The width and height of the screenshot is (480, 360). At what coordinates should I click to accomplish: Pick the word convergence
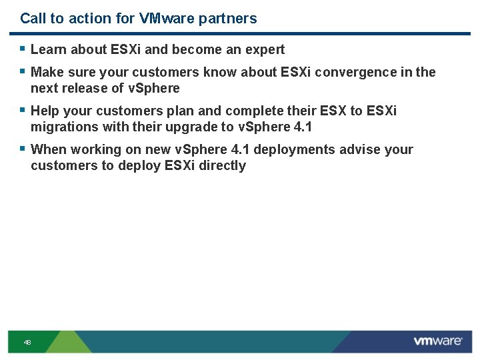(x=352, y=72)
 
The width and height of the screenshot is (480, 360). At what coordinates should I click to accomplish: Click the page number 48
(x=27, y=343)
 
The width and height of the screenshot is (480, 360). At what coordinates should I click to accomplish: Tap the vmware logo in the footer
(x=437, y=341)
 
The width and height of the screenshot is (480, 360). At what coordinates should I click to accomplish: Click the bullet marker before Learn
(x=23, y=49)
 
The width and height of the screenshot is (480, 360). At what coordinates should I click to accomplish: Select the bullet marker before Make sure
(x=23, y=71)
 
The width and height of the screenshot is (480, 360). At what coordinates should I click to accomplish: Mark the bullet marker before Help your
(x=23, y=110)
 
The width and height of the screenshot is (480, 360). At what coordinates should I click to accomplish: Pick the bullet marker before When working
(x=23, y=149)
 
